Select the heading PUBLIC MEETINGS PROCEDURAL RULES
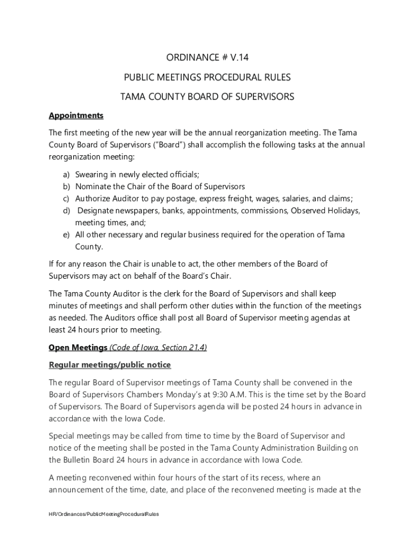[x=207, y=78]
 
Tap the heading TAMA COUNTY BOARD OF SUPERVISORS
[x=207, y=97]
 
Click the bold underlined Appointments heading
[x=76, y=115]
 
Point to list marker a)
[x=66, y=175]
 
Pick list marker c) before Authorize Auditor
[x=66, y=198]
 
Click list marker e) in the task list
[x=66, y=234]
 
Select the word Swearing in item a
[x=91, y=175]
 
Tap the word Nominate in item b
[x=93, y=187]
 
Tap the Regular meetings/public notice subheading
[x=110, y=365]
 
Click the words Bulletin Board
[x=87, y=460]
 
